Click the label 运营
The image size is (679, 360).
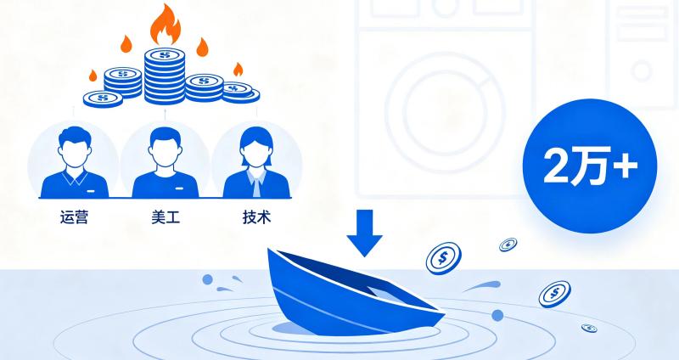pos(74,217)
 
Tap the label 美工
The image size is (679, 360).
pos(166,217)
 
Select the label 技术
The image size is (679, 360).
pos(257,217)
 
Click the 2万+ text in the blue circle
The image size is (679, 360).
pos(590,166)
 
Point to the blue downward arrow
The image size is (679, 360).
pos(364,233)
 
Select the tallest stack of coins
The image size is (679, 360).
pos(165,76)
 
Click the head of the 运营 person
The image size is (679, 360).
pos(74,146)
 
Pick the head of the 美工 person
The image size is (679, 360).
pos(165,146)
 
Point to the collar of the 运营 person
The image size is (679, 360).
pos(74,177)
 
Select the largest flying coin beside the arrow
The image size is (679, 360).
pos(443,258)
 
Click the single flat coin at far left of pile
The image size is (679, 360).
pos(103,98)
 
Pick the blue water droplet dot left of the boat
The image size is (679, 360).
pos(207,279)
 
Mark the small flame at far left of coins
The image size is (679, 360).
pos(93,76)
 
